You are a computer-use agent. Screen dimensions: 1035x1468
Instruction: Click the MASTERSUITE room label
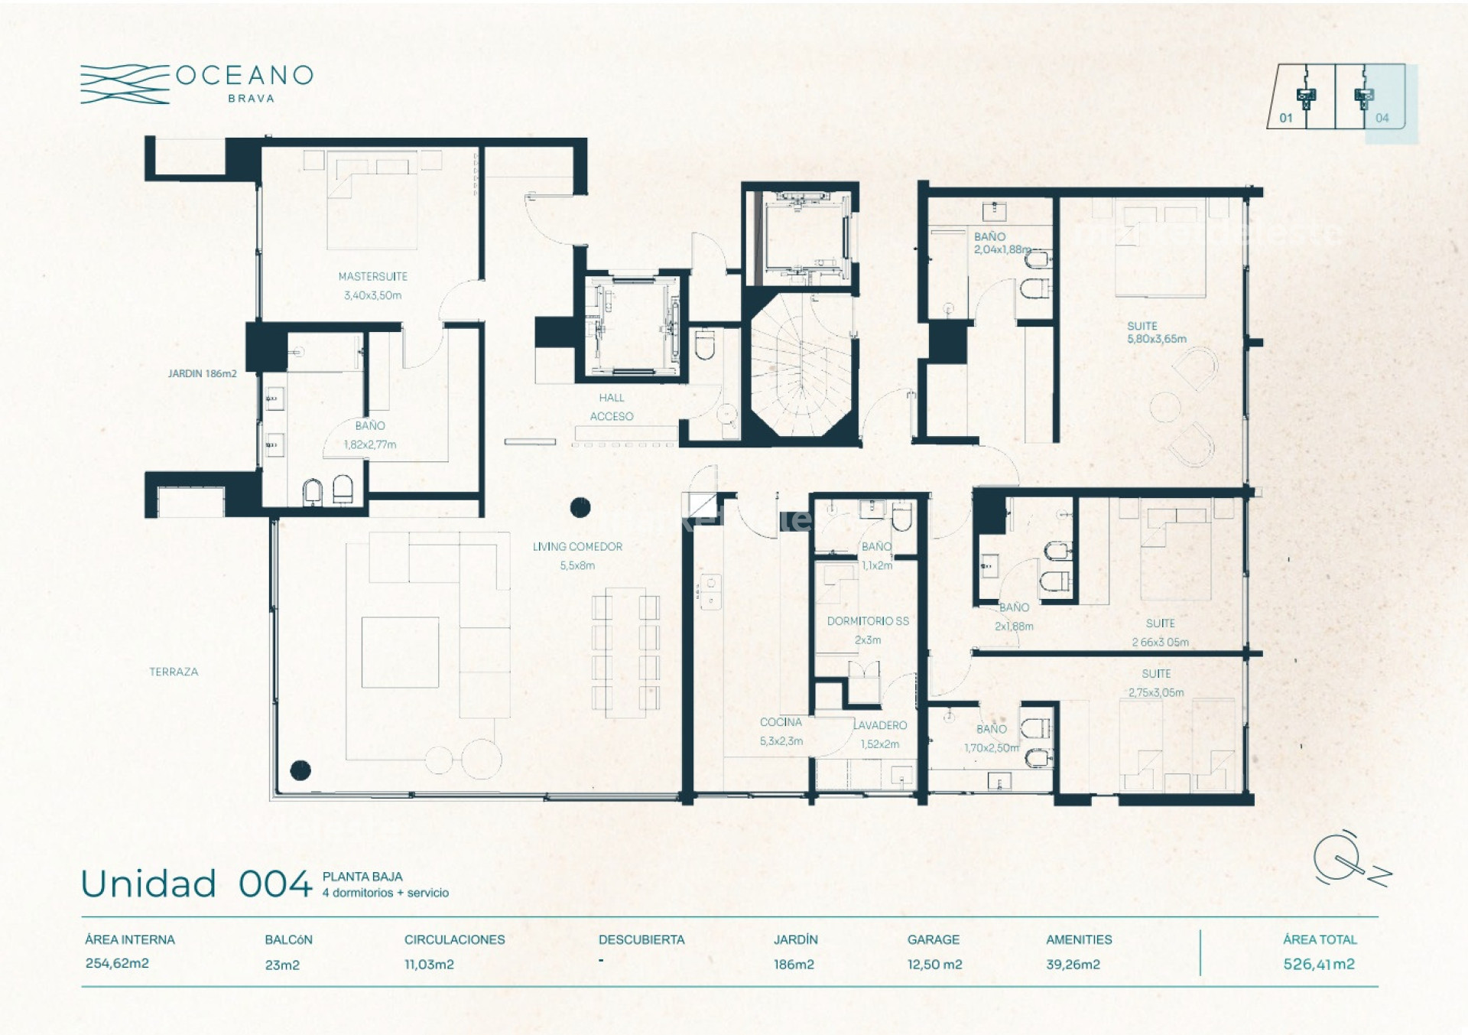[x=373, y=276]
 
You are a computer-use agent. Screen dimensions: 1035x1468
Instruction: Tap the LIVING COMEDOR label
[x=577, y=546]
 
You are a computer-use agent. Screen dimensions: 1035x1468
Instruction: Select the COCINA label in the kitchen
[x=781, y=722]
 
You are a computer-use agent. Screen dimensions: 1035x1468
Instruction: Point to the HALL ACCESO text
[x=612, y=407]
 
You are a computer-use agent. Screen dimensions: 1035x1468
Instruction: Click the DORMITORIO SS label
[x=868, y=621]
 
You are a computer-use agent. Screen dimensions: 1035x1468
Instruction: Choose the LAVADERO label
[x=880, y=725]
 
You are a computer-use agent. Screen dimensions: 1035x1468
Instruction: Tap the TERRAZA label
[x=174, y=672]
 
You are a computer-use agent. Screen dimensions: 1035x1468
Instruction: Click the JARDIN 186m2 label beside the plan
[x=203, y=373]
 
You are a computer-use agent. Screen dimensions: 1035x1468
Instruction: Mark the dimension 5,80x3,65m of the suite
[x=1157, y=339]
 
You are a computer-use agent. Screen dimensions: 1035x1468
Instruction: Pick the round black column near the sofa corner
[x=300, y=770]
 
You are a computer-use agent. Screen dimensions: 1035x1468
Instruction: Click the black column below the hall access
[x=580, y=506]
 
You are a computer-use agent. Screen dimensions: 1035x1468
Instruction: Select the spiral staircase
[x=800, y=367]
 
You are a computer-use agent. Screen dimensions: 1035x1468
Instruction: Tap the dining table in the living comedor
[x=625, y=652]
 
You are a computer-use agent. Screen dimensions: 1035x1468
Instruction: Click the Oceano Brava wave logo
[x=125, y=84]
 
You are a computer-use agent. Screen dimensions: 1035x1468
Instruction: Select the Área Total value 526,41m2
[x=1319, y=964]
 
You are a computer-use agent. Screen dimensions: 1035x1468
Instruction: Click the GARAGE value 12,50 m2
[x=934, y=965]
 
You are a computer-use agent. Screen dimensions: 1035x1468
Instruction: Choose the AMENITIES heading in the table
[x=1079, y=939]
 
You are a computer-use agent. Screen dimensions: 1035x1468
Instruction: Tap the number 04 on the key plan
[x=1382, y=118]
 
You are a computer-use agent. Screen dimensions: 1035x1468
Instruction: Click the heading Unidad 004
[x=196, y=884]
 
